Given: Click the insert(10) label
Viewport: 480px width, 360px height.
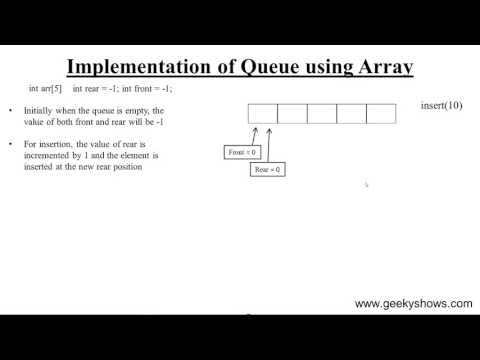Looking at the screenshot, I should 441,105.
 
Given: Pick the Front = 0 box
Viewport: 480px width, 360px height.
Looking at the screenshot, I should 243,153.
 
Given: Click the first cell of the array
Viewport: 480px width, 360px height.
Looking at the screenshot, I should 262,113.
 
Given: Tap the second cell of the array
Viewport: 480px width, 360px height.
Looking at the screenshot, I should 292,113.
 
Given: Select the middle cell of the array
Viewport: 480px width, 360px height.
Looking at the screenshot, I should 321,113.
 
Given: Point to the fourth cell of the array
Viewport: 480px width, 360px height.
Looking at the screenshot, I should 351,113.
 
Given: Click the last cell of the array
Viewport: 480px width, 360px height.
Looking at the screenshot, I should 381,113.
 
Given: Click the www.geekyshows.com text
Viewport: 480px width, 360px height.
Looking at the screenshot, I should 414,303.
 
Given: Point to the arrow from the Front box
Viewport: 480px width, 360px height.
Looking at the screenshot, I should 251,135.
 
